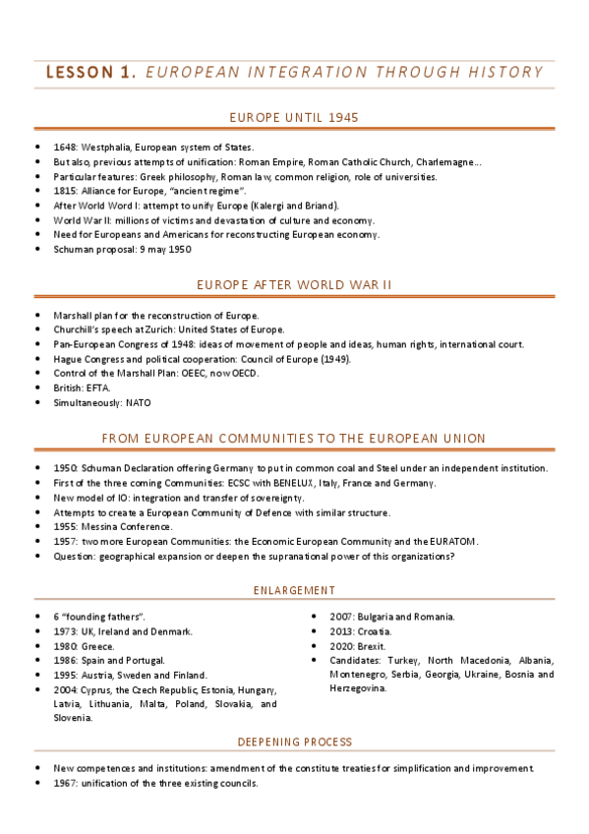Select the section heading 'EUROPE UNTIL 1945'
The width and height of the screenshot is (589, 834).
(294, 118)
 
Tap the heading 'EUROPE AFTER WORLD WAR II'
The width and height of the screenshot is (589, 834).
(294, 284)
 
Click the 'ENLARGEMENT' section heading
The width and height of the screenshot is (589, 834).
(294, 589)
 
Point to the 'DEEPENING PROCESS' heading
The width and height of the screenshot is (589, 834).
(294, 741)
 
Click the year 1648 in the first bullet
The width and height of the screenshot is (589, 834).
(65, 148)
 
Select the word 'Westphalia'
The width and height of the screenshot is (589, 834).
(107, 148)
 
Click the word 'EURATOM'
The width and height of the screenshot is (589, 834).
(448, 541)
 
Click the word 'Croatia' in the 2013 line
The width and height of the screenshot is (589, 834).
(375, 630)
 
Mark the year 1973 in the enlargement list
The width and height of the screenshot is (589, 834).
(65, 630)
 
